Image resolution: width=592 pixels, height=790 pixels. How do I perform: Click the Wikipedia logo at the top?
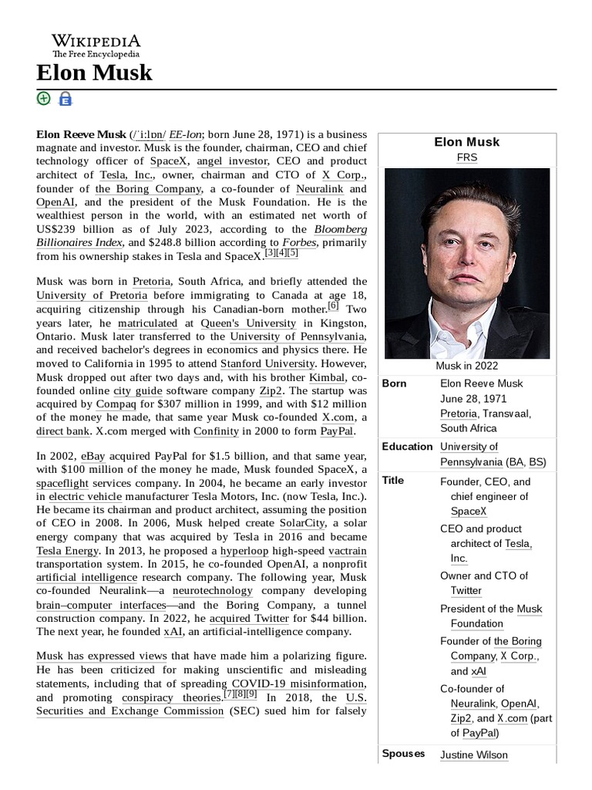click(96, 46)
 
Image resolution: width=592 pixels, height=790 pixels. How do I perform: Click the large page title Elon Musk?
click(94, 73)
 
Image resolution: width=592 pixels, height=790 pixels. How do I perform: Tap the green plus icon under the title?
click(43, 98)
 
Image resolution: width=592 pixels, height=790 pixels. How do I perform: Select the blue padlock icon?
click(66, 99)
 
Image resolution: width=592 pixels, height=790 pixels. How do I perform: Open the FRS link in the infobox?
click(466, 157)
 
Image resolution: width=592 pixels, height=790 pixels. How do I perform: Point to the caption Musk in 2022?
click(466, 366)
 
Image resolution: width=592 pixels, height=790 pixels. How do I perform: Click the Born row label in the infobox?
click(394, 383)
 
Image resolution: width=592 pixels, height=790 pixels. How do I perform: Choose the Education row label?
click(407, 447)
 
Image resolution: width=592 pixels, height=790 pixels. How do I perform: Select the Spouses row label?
click(403, 754)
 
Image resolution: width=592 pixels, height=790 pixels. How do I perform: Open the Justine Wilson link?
click(473, 755)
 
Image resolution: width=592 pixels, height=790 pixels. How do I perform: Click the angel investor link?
click(231, 161)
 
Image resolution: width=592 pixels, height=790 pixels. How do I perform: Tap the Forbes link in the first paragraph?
click(301, 242)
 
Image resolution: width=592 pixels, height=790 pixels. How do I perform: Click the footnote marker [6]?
click(333, 306)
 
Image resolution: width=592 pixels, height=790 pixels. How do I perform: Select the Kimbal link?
click(327, 377)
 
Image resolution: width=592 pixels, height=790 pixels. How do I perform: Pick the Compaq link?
click(116, 404)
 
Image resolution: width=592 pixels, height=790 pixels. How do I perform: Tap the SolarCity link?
click(302, 524)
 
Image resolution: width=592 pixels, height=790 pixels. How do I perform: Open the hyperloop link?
click(244, 551)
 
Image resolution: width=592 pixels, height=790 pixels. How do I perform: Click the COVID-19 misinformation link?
click(297, 684)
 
